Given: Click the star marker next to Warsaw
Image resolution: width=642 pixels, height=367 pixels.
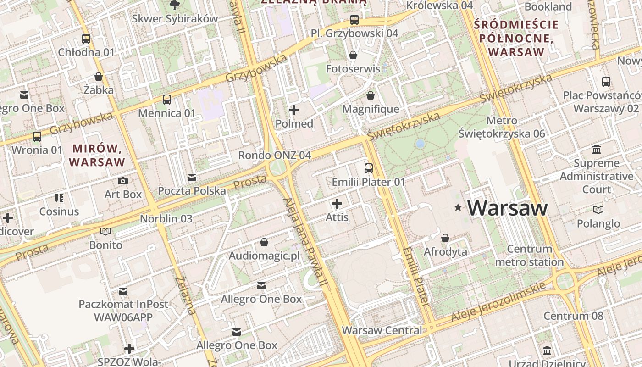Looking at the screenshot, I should [457, 208].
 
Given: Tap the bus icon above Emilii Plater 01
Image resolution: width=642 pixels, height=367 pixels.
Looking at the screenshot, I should [369, 168].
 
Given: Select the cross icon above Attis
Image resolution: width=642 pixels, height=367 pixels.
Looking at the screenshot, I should [337, 203].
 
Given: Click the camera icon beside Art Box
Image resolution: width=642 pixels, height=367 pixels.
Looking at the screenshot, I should [123, 181].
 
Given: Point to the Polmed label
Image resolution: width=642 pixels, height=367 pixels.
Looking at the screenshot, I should [294, 124].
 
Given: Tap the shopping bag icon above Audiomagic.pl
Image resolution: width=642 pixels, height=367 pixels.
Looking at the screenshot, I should [264, 242].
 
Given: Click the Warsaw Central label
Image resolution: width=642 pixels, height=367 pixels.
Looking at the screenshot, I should [382, 330].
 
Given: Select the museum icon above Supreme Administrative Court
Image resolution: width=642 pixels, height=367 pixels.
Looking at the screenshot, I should [597, 150].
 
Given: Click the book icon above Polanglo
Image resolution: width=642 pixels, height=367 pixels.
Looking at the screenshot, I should [598, 210].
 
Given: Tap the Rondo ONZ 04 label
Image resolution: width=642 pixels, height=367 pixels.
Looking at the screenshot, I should [274, 155].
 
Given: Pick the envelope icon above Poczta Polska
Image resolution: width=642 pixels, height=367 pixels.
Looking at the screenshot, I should [192, 177].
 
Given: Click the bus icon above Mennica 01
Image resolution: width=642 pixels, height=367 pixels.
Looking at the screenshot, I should [167, 99].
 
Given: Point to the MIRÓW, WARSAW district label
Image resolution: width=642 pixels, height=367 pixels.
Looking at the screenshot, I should [97, 155].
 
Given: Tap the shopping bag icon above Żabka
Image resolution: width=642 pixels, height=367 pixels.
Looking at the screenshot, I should [99, 76].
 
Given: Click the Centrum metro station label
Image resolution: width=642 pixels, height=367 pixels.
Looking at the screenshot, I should [530, 256].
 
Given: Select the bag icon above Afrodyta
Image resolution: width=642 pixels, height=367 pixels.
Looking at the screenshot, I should [445, 238].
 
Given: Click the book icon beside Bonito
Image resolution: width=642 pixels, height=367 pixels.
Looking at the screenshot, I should [105, 231].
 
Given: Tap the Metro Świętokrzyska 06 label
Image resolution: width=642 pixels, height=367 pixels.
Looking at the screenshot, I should [502, 127].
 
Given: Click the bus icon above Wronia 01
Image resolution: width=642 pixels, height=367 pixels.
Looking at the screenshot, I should [37, 136].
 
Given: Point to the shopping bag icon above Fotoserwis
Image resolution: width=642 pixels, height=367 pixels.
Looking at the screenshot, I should [353, 55].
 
